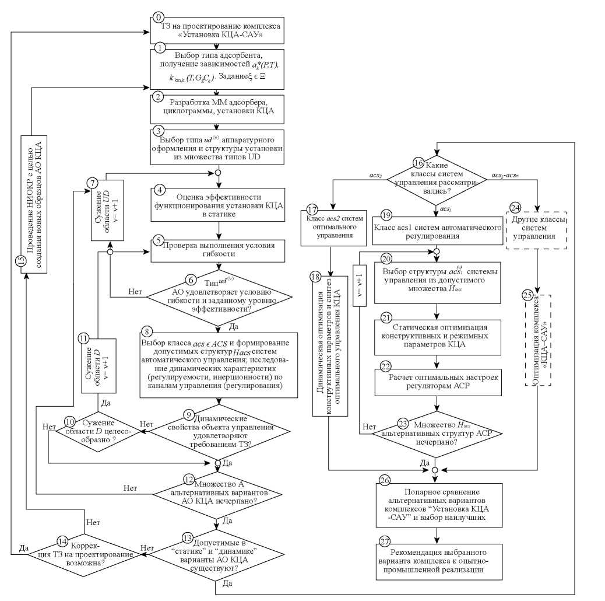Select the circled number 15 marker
20,260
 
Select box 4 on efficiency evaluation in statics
218,205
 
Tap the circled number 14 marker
63,541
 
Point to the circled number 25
528,296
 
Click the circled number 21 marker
385,319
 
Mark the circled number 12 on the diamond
188,478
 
